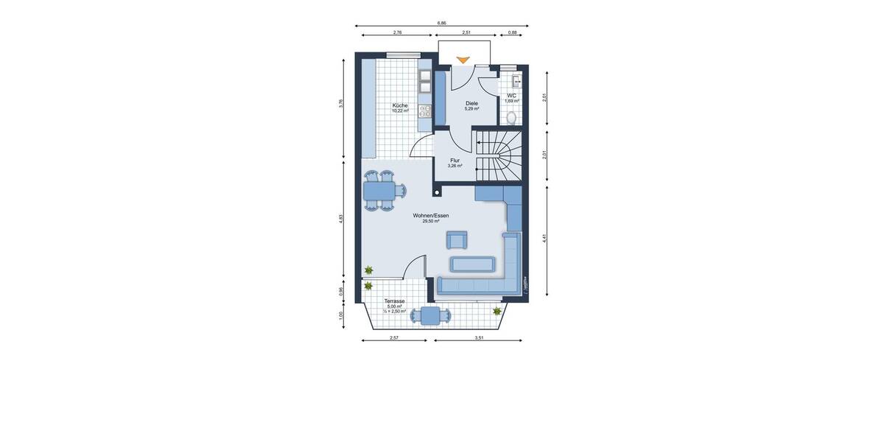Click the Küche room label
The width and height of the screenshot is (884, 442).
point(400,106)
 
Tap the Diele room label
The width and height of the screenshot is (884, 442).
point(471,103)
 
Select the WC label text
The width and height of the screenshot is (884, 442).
point(511,96)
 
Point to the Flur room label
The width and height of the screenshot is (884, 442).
point(455,160)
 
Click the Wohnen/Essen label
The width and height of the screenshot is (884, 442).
point(431,215)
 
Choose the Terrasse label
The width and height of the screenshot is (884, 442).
point(394,301)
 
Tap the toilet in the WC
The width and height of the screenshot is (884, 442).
point(511,117)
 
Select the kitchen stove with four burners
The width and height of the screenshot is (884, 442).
point(425,111)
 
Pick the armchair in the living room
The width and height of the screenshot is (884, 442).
point(457,239)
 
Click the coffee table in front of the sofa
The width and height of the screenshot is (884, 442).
point(471,264)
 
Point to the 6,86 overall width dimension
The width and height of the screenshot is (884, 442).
point(441,23)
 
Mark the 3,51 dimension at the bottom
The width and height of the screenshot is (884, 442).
point(479,337)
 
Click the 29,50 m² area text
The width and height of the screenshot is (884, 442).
point(431,220)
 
